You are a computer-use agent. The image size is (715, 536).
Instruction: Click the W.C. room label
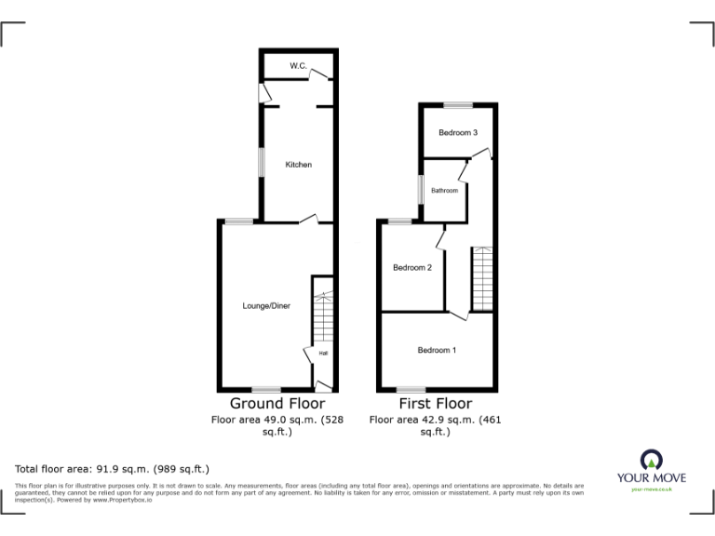tap(298, 66)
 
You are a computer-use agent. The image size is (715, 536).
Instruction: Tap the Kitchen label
tap(298, 165)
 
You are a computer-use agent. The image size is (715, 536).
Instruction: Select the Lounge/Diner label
tap(266, 305)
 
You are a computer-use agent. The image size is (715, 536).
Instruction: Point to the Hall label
tap(323, 354)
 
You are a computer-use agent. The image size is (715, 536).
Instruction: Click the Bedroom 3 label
tap(458, 133)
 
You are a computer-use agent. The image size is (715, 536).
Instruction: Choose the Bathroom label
tap(444, 191)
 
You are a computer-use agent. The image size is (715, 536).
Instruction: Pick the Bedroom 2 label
tap(411, 268)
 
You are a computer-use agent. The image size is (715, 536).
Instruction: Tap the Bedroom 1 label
tap(436, 350)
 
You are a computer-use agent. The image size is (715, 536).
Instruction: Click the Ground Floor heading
tap(277, 404)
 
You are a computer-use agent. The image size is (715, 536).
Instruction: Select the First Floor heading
tap(435, 404)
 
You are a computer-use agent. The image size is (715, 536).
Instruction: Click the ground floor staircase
tap(321, 316)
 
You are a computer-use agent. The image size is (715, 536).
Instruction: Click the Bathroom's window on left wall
tap(420, 191)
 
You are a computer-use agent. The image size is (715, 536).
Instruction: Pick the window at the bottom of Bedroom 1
tap(411, 389)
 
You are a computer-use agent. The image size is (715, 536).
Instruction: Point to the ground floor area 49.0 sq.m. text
tap(277, 420)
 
